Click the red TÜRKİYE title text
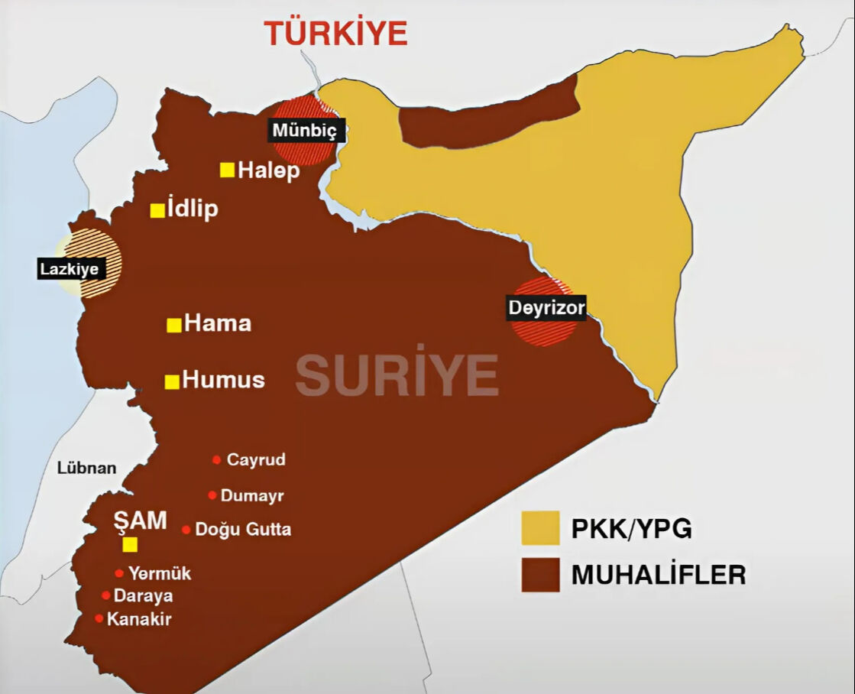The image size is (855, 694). point(335,34)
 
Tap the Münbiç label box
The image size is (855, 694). point(304,130)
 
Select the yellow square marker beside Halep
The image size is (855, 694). point(227,170)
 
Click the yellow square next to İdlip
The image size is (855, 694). point(157,210)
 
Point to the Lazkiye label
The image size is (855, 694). point(70,268)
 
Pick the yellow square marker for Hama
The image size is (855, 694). point(174,325)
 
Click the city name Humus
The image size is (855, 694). point(224,380)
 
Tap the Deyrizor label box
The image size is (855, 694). point(546,308)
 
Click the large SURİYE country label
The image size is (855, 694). point(397,375)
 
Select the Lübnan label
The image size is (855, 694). point(87,468)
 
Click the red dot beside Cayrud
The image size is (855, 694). point(216,460)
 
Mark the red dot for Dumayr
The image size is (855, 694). point(212,495)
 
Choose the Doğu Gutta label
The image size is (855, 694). point(243,529)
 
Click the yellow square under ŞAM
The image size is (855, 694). point(130,544)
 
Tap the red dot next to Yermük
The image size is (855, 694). point(119,573)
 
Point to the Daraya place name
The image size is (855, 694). point(143,595)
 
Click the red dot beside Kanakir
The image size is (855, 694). point(99,618)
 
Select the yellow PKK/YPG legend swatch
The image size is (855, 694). point(540,528)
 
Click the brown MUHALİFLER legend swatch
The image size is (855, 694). point(540,574)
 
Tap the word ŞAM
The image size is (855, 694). point(141,521)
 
